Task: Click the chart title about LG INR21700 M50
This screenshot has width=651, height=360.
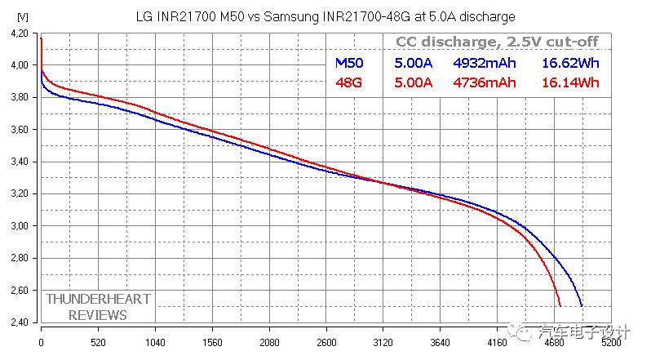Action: coord(324,16)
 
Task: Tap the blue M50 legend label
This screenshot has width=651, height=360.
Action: coord(349,63)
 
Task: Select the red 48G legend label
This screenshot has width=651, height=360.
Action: coord(349,82)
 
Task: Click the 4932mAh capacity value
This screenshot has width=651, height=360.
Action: coord(485,63)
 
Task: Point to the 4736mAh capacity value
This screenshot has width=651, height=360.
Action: coord(485,82)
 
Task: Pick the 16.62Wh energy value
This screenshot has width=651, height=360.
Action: coord(570,63)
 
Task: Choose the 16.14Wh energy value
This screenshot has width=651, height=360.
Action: coord(570,82)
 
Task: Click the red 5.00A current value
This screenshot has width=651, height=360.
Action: coord(414,82)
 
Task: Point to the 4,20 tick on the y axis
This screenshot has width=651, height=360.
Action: coord(18,33)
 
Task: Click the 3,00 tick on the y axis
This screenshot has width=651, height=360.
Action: coord(18,226)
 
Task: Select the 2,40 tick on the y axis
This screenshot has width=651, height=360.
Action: coord(18,322)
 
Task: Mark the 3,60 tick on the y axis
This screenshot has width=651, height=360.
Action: coord(18,130)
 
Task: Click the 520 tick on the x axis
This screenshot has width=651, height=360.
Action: coord(98,344)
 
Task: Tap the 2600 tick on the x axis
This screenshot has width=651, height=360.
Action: coord(325,344)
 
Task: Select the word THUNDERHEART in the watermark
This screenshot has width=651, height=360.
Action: coord(98,299)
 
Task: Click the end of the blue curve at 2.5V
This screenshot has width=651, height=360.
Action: coord(582,306)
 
